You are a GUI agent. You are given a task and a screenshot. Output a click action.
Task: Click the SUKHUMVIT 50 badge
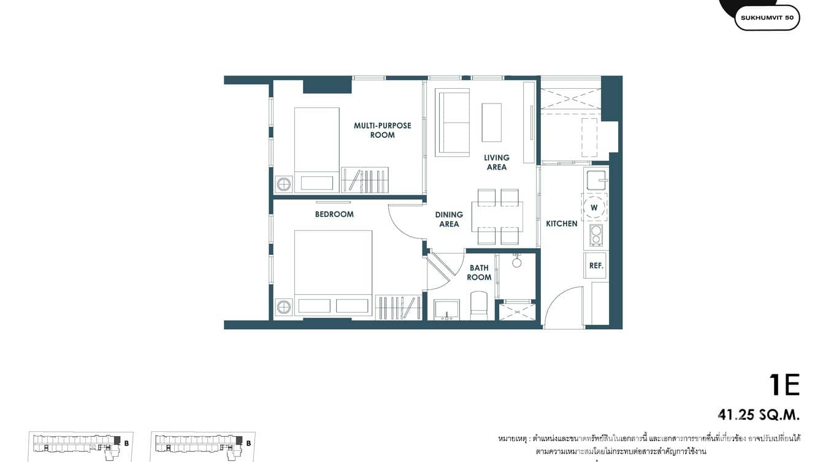[767, 18]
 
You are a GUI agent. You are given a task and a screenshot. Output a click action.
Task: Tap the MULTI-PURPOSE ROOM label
[382, 131]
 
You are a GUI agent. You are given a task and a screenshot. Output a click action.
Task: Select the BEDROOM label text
[334, 214]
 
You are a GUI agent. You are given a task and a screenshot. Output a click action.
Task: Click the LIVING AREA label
[496, 162]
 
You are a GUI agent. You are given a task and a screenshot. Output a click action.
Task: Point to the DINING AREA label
[449, 219]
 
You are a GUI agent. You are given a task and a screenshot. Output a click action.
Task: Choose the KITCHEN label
[562, 224]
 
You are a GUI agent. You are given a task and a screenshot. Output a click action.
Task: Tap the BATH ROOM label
[479, 273]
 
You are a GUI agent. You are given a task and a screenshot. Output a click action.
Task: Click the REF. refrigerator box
[595, 266]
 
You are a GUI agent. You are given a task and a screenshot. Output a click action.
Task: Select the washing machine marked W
[594, 207]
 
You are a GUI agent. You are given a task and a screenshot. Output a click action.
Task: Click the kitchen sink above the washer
[595, 180]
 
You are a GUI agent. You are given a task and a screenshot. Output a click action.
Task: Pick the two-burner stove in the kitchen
[595, 234]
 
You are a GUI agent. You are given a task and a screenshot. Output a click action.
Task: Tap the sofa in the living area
[452, 122]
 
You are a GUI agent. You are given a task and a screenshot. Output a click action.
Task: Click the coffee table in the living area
[491, 123]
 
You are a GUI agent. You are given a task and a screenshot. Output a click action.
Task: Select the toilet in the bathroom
[478, 305]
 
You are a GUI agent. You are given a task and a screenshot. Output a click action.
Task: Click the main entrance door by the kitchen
[564, 308]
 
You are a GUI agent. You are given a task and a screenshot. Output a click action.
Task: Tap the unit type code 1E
[784, 385]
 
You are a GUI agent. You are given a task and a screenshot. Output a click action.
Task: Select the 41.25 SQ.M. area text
[759, 415]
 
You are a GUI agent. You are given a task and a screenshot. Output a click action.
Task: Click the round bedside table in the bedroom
[283, 306]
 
